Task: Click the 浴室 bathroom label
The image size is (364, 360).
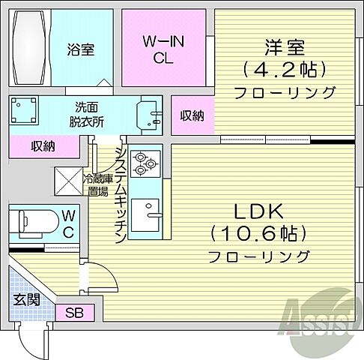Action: (81, 51)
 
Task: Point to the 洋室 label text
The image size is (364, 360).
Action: (283, 46)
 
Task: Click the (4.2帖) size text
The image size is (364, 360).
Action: (283, 70)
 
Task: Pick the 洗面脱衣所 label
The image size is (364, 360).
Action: (89, 115)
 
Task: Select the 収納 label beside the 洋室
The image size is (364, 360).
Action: (192, 115)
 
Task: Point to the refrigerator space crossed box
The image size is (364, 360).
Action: (66, 181)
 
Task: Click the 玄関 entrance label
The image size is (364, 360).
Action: (25, 300)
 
